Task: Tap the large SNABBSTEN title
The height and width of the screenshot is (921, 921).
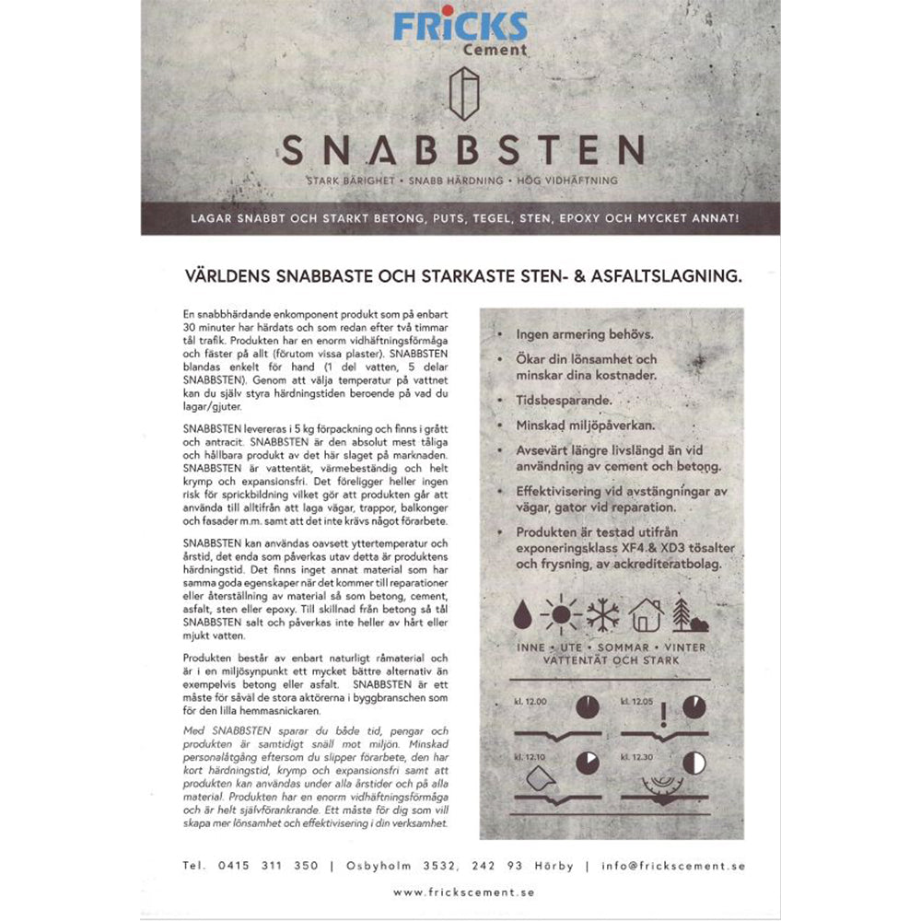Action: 462,147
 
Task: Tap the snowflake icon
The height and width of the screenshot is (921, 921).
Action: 605,612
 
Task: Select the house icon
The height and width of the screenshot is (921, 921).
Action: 648,612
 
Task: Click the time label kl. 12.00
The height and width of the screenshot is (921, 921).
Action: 530,701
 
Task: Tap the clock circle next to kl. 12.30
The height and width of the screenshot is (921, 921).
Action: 696,763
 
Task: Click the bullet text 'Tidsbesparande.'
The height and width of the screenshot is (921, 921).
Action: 555,402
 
